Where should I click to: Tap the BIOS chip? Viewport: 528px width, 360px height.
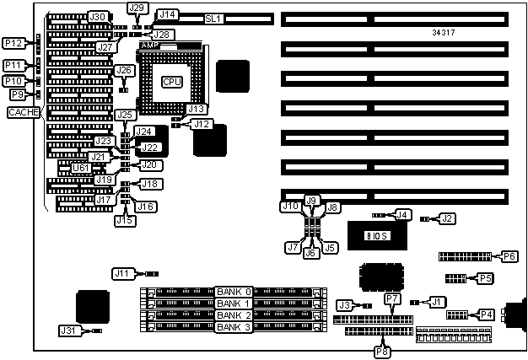[377, 235]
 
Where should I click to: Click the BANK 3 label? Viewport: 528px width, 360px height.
[233, 326]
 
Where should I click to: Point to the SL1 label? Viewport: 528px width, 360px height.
[213, 18]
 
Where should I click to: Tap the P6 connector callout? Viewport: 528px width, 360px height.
[509, 255]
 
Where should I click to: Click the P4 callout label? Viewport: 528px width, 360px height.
[487, 314]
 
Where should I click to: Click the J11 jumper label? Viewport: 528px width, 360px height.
[123, 273]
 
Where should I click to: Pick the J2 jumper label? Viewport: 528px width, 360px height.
[447, 219]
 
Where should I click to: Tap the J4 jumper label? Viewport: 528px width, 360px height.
[403, 216]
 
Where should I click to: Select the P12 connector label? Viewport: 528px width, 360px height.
[13, 43]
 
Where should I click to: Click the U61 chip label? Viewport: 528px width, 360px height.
[81, 168]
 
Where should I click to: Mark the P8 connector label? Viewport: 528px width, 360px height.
[381, 352]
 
